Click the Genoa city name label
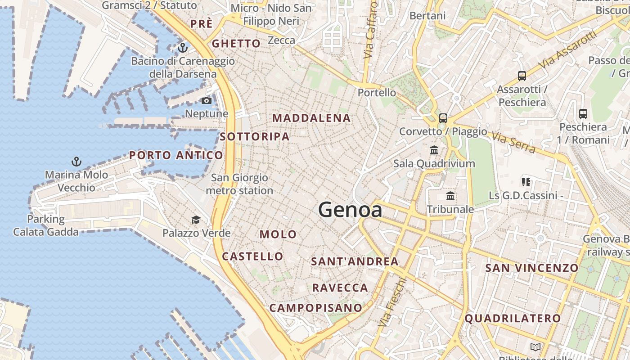point(350,210)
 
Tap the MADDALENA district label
point(311,118)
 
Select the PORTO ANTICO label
point(176,155)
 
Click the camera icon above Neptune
point(207,100)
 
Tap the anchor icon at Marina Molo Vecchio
point(76,161)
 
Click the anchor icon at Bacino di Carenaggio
point(182,47)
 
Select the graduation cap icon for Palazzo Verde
point(196,220)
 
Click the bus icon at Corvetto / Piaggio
point(443,118)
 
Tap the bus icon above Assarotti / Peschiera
point(522,76)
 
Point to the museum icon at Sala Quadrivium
point(434,150)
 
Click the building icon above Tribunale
point(450,196)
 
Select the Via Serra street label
point(513,142)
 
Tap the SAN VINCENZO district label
point(531,268)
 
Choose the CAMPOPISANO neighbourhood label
point(315,308)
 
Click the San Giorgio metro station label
point(239,184)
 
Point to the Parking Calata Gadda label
point(46,225)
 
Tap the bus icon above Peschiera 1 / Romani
point(583,114)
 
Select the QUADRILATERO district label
point(513,319)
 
